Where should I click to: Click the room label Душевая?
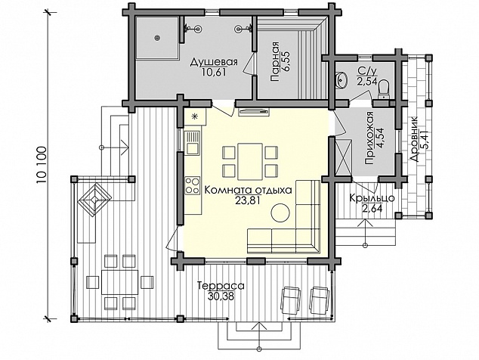point(214,63)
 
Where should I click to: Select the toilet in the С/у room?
point(383,89)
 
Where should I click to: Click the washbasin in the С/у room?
point(341,80)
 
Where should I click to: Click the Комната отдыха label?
point(248,190)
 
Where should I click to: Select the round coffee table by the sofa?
point(280,213)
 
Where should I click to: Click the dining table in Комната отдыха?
point(250,162)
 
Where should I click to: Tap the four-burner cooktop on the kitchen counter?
point(193,185)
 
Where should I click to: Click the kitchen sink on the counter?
point(193,142)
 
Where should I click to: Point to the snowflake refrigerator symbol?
point(194,116)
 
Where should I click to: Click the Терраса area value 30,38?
point(221,296)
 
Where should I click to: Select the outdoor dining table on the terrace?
point(119,282)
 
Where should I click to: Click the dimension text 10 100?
point(42,165)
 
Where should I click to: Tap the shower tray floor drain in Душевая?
point(158,38)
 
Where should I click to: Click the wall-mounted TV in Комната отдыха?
point(254,112)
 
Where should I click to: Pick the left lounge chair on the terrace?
point(290,299)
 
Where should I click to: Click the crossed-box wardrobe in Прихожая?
point(343,157)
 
